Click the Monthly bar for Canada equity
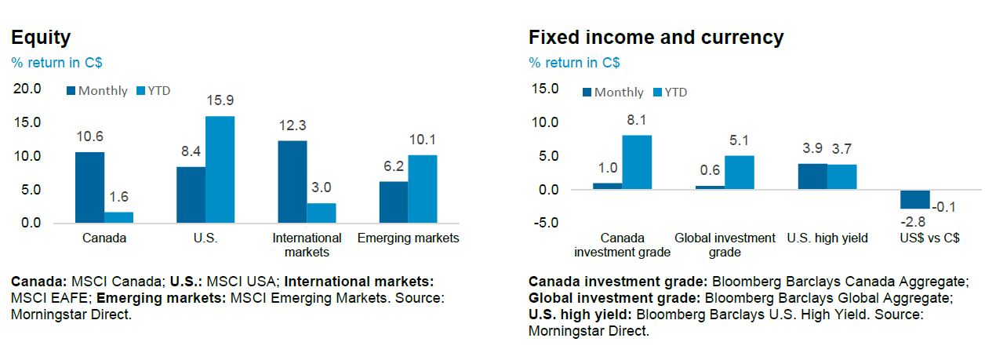click(89, 187)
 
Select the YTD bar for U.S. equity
click(220, 169)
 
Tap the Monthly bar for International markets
click(292, 182)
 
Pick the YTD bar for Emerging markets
click(423, 189)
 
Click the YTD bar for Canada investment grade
click(637, 162)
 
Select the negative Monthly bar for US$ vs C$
click(914, 198)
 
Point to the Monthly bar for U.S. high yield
click(812, 176)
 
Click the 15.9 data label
click(220, 100)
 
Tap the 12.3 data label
click(292, 125)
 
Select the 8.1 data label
click(637, 120)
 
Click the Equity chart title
click(41, 37)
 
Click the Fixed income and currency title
click(656, 37)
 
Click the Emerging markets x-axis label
click(409, 238)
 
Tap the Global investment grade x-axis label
click(725, 245)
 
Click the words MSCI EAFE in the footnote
click(42, 298)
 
